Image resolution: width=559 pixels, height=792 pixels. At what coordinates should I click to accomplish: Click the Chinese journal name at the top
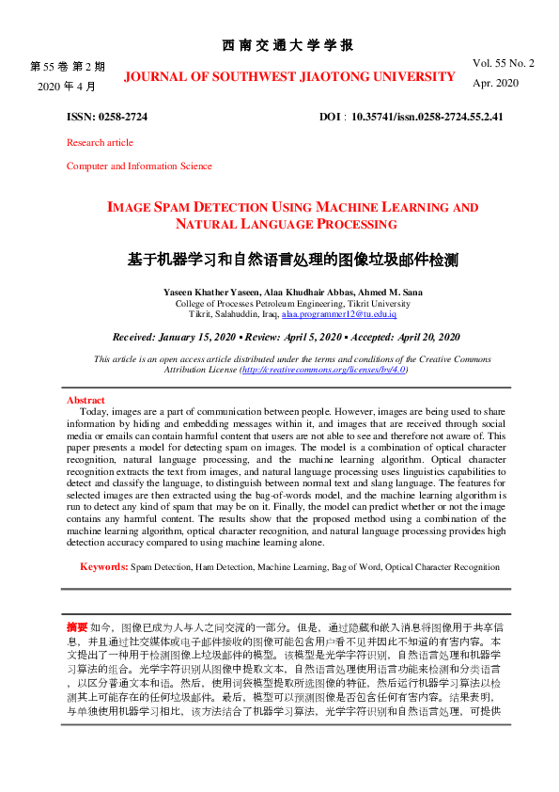287,45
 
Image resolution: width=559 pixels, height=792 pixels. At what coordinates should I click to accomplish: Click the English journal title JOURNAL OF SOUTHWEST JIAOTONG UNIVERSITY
289,75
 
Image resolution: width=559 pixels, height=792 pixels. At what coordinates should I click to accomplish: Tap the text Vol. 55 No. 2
504,63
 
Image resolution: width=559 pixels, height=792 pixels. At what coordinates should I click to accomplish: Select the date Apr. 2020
495,83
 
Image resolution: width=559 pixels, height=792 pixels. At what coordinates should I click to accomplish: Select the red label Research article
100,143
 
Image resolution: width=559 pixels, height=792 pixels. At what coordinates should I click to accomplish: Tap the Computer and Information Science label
139,166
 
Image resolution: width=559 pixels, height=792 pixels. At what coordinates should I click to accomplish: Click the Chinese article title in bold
292,258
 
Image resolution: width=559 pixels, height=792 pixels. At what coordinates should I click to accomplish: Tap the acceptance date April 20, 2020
425,337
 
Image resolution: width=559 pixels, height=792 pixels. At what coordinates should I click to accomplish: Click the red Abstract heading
85,400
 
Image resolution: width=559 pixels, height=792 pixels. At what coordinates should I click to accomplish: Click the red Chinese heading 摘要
77,626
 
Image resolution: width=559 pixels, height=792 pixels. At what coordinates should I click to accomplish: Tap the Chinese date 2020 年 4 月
68,86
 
